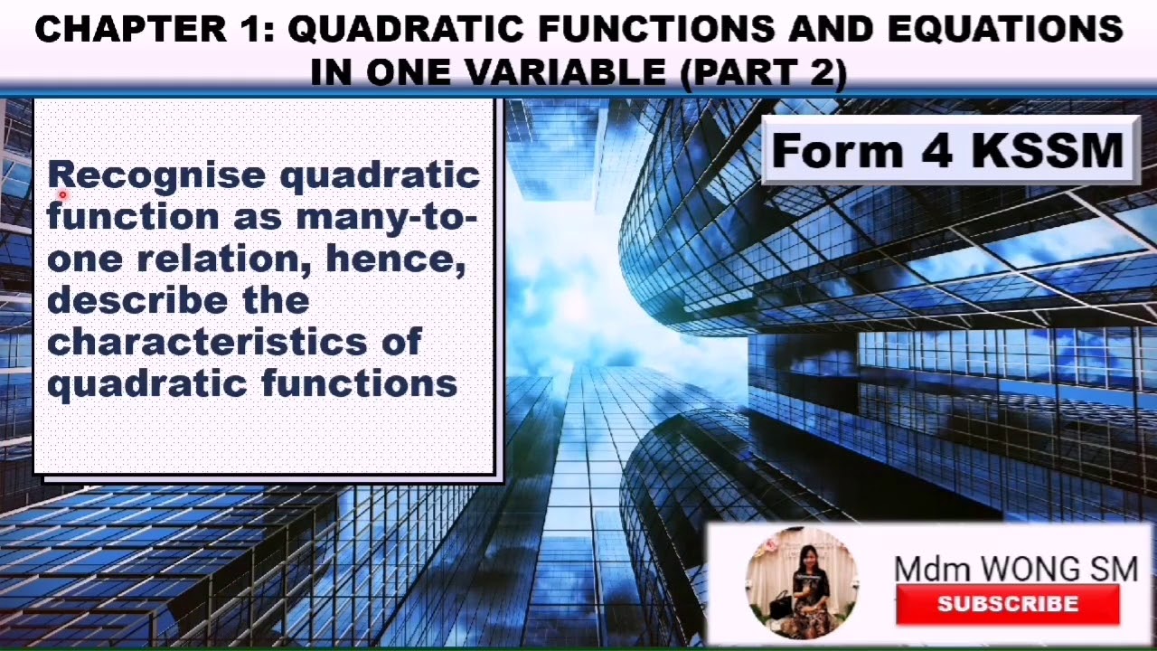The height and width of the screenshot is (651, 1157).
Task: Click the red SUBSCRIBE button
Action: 1007,604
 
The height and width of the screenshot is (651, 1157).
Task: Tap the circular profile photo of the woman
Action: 802,584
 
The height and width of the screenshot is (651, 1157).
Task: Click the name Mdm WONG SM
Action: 1015,569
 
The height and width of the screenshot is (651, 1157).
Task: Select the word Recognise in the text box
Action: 156,175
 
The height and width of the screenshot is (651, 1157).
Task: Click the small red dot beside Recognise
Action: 63,194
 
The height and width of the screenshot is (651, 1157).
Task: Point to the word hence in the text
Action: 395,259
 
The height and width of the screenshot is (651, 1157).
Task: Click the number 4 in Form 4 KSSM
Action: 936,150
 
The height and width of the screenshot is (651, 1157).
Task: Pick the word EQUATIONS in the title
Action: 1005,30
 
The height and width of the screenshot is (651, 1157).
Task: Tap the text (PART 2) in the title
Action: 764,72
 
